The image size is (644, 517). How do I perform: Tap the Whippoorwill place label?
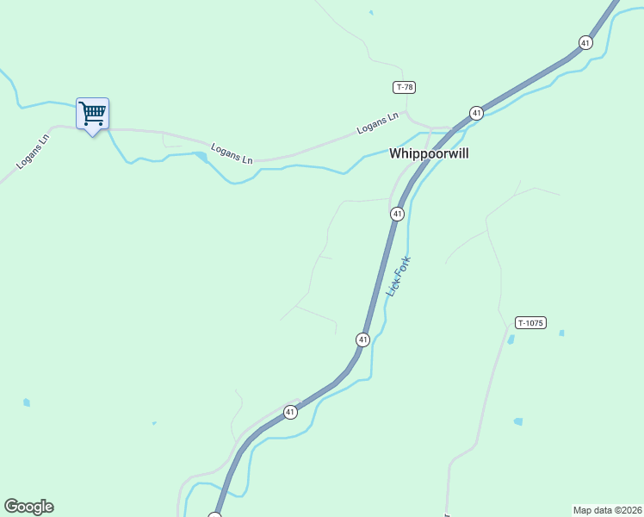[x=429, y=153]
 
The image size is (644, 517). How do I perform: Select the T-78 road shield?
[x=405, y=87]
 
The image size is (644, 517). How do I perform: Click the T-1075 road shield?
[x=530, y=322]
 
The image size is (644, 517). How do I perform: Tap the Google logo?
[x=28, y=507]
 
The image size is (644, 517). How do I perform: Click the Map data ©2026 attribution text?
[x=607, y=509]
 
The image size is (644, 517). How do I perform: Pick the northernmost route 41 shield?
[x=585, y=42]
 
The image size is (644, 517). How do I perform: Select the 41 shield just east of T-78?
[x=476, y=113]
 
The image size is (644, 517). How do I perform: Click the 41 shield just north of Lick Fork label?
[x=397, y=214]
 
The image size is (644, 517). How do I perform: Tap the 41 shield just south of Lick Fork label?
[x=362, y=340]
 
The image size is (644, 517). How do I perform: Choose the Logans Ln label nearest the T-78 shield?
[x=378, y=123]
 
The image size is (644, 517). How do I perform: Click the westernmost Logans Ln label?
[x=34, y=151]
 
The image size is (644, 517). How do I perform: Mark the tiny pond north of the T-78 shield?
[x=371, y=13]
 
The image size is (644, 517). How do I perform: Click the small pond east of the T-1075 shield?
[x=561, y=333]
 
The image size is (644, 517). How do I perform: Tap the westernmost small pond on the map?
[x=27, y=402]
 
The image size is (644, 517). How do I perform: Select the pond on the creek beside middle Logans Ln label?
[x=201, y=156]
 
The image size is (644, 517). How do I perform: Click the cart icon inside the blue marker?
[x=92, y=112]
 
